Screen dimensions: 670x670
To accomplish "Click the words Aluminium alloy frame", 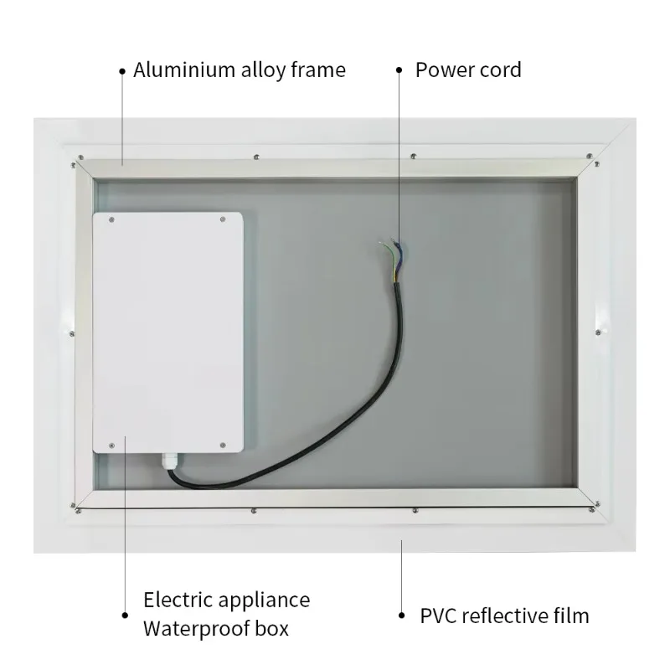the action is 240,70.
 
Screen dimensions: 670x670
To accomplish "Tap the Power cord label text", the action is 468,70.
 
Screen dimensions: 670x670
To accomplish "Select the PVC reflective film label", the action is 505,616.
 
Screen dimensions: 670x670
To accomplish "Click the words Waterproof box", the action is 216,629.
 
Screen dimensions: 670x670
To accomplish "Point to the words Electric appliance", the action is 226,600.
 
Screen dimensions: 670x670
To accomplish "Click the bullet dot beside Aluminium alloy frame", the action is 122,71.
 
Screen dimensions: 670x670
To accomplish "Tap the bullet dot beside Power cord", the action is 399,70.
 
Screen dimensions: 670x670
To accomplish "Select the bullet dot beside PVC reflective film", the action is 402,616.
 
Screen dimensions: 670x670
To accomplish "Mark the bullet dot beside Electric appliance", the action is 125,616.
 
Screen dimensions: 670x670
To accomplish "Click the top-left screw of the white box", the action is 112,220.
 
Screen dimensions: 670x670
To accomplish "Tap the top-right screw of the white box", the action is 223,219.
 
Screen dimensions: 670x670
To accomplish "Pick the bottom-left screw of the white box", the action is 112,446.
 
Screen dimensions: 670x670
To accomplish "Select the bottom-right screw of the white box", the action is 223,446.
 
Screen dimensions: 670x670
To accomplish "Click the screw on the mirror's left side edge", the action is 72,333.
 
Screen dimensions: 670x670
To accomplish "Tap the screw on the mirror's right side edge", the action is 598,332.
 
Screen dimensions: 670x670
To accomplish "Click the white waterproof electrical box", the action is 168,332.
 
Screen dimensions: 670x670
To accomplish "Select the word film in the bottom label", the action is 571,616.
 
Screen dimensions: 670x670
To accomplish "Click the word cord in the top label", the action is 501,70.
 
